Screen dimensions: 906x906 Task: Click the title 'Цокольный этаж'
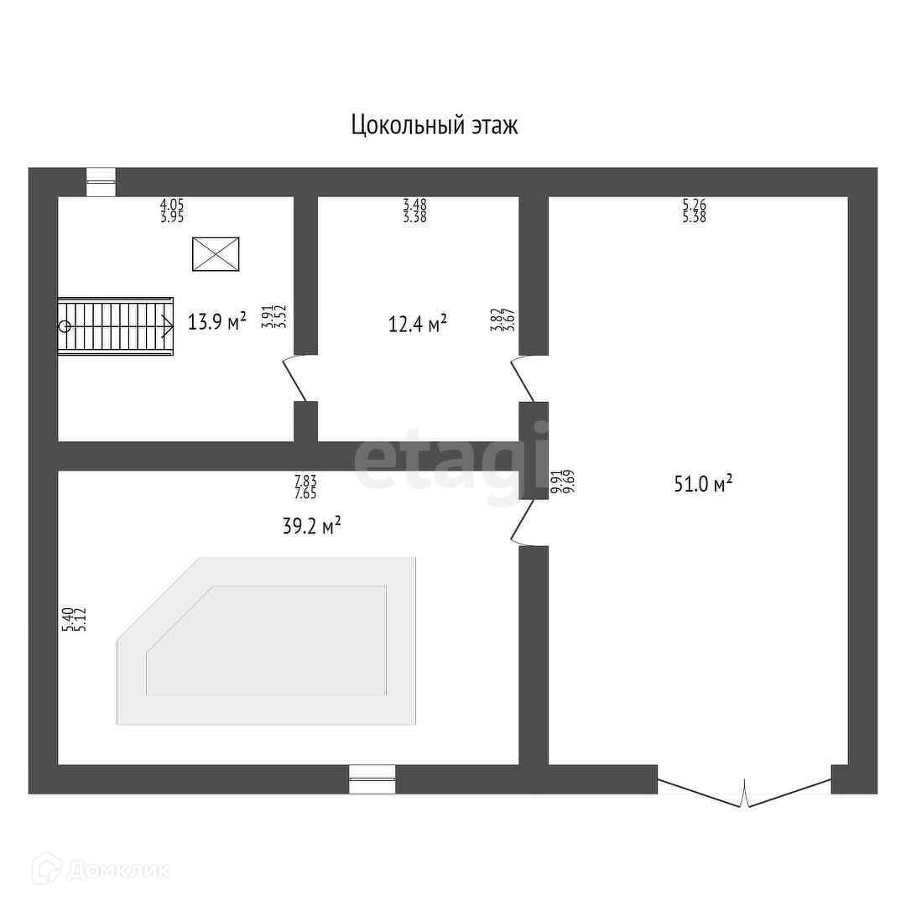(434, 126)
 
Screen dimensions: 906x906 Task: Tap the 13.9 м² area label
(216, 321)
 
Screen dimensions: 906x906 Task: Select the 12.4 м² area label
(417, 323)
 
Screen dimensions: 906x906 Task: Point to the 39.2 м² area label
(310, 526)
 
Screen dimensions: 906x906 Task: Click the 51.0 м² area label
(703, 483)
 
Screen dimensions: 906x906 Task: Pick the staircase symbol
(116, 326)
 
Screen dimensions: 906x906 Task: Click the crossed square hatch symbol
(216, 254)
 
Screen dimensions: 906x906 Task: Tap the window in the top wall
(102, 182)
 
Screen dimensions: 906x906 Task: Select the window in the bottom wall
(372, 778)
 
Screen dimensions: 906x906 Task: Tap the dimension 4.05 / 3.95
(172, 210)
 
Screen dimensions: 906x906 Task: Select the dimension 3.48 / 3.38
(414, 210)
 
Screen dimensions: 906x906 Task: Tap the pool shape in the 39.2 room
(267, 642)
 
